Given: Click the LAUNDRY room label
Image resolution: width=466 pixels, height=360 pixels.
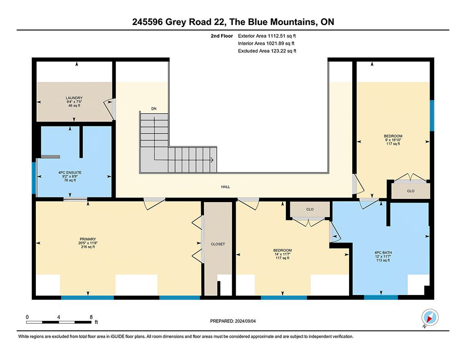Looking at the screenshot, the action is [74, 98].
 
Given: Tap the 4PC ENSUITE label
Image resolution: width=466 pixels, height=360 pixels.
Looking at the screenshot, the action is [70, 172].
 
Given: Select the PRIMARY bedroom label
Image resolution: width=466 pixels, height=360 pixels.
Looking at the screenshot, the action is [88, 239].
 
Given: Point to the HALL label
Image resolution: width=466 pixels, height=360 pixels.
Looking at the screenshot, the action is [226, 187].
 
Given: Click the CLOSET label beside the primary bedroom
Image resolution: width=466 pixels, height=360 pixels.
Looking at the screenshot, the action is [218, 244].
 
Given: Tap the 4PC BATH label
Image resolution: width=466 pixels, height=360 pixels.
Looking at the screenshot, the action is [383, 253].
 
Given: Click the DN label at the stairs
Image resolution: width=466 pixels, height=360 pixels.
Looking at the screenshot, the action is [154, 109].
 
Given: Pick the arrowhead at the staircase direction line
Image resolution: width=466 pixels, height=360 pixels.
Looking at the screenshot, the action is [212, 160].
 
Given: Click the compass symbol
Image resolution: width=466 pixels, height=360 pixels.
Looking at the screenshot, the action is [430, 318].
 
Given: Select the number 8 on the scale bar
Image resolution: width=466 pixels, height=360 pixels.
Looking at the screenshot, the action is [91, 317].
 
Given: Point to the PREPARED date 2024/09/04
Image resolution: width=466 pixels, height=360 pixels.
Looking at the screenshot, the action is [245, 321].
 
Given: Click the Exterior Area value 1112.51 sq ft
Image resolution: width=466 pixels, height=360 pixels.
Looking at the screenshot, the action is [282, 36].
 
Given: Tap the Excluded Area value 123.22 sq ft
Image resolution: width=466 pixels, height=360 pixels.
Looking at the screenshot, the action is [284, 51].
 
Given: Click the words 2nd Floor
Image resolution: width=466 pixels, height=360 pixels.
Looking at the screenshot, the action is [222, 36].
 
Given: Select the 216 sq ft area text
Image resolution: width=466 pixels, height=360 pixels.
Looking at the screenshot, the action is [88, 247].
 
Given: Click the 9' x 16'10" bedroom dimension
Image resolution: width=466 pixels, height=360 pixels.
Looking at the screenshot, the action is [393, 140].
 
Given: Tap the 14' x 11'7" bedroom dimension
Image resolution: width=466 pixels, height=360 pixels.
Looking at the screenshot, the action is [282, 254].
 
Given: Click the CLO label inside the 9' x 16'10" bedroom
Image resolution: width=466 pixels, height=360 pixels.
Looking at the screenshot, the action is [411, 191].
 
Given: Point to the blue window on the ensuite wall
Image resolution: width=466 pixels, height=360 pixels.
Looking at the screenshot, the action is [34, 178].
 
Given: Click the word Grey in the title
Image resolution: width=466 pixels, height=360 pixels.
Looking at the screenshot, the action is [174, 22].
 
